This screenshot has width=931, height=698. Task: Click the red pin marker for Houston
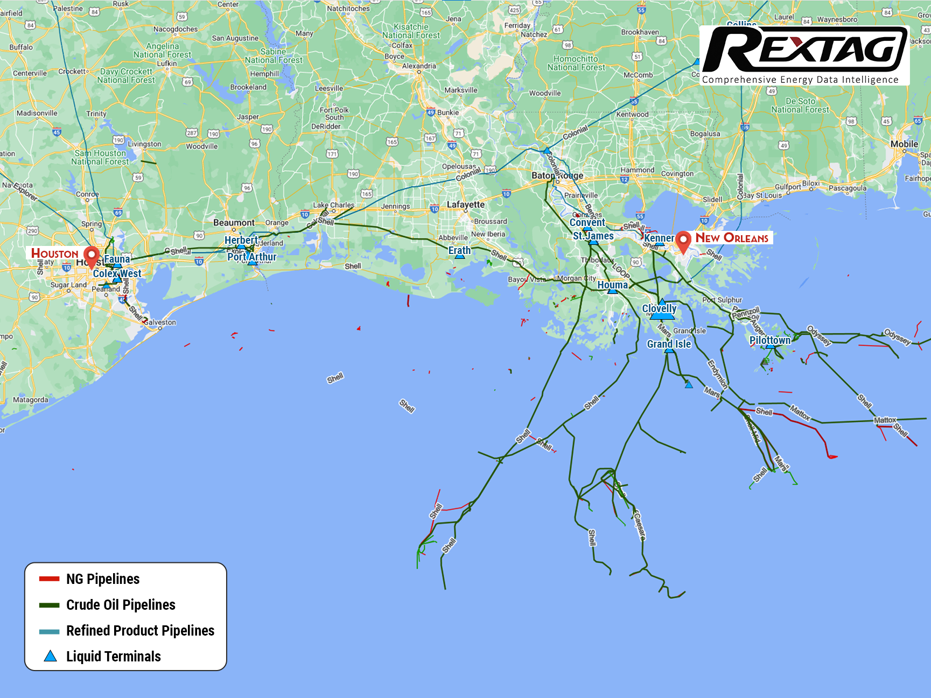click(x=92, y=256)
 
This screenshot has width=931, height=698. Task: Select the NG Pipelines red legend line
click(x=50, y=579)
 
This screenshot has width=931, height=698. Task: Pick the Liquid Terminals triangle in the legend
click(x=50, y=656)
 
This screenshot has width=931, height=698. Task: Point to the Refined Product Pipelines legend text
click(x=140, y=631)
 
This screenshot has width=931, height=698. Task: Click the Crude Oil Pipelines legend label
click(x=121, y=605)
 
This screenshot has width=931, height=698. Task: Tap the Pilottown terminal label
click(x=769, y=340)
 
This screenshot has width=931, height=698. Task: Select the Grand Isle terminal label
click(x=668, y=344)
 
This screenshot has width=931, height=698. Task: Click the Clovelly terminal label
click(x=659, y=308)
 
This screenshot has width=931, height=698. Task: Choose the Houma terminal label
click(x=612, y=285)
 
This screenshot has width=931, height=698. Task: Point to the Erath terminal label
click(x=459, y=250)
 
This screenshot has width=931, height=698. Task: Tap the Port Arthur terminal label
click(x=251, y=257)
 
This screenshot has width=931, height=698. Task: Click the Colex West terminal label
click(x=117, y=273)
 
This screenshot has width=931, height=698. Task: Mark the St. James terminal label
click(x=593, y=236)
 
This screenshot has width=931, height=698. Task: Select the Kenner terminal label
click(x=659, y=238)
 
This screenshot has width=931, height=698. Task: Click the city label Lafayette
click(x=466, y=205)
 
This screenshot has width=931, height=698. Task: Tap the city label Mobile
click(x=904, y=144)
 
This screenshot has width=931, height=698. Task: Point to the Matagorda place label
click(x=31, y=400)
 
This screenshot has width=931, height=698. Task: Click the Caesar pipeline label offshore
click(x=639, y=525)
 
